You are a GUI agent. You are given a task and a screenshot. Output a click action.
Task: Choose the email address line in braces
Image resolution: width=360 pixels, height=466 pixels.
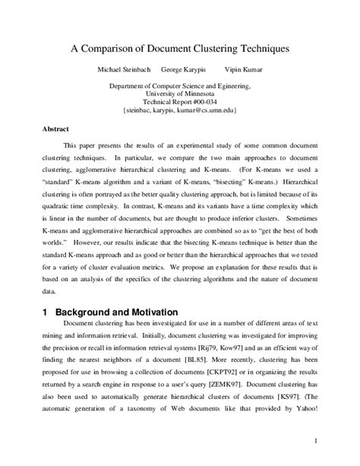[x=179, y=109]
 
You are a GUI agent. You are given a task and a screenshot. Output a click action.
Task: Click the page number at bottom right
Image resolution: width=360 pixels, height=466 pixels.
[x=314, y=439]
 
